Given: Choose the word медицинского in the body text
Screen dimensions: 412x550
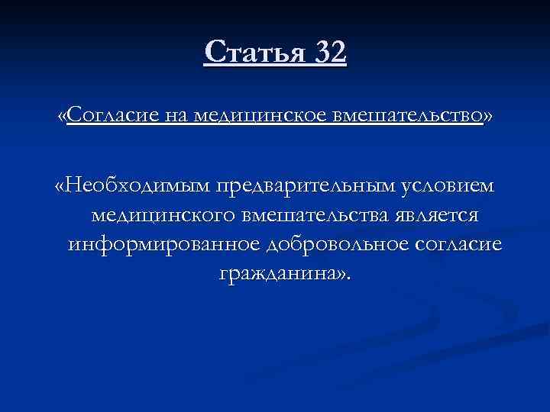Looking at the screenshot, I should click(163, 216).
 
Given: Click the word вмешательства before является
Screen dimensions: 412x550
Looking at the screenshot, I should click(315, 216).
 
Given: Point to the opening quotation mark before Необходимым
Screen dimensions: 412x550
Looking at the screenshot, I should click(60, 187).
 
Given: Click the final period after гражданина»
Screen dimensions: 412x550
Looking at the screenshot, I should click(351, 278).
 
